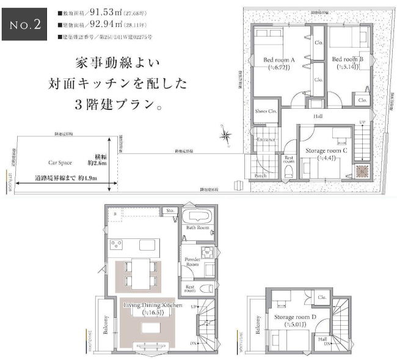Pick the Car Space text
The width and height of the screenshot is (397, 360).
tap(60, 163)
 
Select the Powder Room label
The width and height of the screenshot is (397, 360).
tap(193, 262)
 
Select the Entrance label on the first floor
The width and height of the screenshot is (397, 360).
tap(265, 139)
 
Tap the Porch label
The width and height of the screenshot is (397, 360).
tap(260, 175)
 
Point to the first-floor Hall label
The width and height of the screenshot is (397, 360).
tap(318, 116)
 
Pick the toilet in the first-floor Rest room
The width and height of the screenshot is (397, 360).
tap(288, 172)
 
